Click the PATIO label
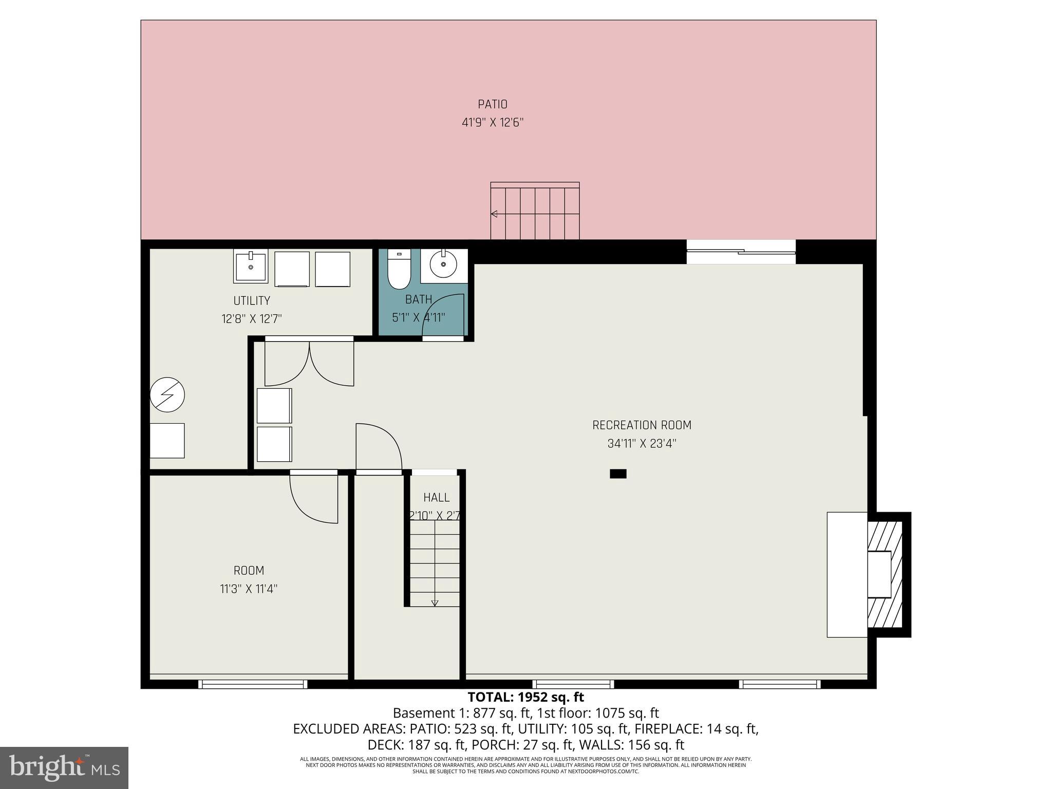pyautogui.click(x=492, y=104)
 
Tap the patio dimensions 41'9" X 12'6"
pyautogui.click(x=492, y=123)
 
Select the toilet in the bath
pyautogui.click(x=399, y=269)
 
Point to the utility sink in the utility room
pyautogui.click(x=251, y=266)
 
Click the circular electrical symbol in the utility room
pyautogui.click(x=167, y=395)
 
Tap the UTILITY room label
pyautogui.click(x=251, y=300)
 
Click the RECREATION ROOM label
pyautogui.click(x=642, y=425)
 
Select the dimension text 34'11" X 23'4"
pyautogui.click(x=642, y=444)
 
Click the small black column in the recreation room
pyautogui.click(x=618, y=474)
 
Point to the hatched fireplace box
pyautogui.click(x=885, y=574)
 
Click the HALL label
pyautogui.click(x=436, y=497)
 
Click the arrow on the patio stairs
pyautogui.click(x=494, y=214)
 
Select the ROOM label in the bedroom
pyautogui.click(x=249, y=570)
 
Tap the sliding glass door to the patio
pyautogui.click(x=741, y=252)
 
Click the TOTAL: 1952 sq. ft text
pyautogui.click(x=525, y=697)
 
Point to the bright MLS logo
pyautogui.click(x=64, y=767)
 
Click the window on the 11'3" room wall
pyautogui.click(x=253, y=684)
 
